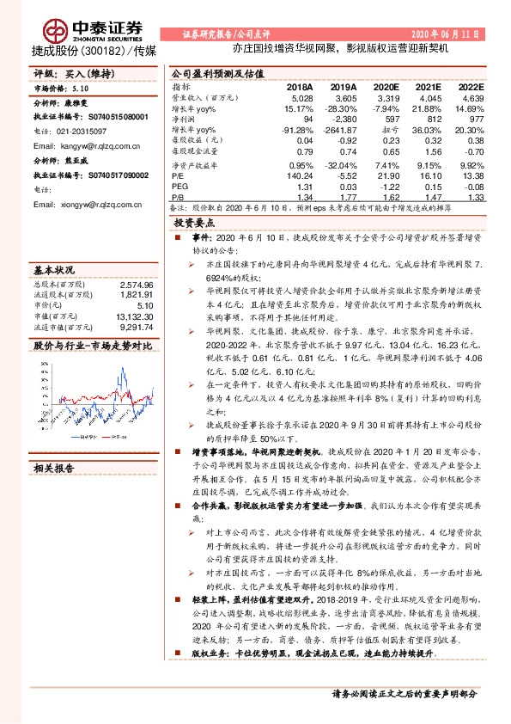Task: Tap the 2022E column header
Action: pyautogui.click(x=471, y=88)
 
